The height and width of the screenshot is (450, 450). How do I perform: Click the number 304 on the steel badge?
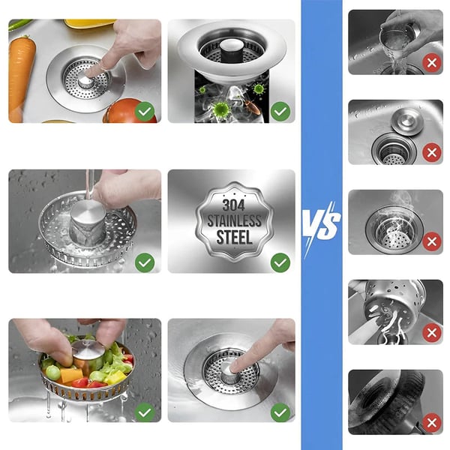coord(233,205)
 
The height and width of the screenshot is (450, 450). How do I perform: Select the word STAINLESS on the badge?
coord(234,221)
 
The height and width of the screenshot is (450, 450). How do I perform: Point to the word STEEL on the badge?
coord(234,237)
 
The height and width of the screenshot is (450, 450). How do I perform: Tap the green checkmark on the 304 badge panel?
coord(280,262)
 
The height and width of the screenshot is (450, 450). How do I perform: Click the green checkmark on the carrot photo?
coord(145,111)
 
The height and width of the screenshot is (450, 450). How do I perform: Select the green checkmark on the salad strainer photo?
coord(145,412)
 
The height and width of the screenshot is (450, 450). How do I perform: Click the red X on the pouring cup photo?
coord(432,63)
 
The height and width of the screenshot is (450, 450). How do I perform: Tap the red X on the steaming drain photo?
coord(432,242)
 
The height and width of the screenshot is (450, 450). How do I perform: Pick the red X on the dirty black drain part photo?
coord(432,423)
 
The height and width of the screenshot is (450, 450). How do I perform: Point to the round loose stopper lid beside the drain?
coord(407,122)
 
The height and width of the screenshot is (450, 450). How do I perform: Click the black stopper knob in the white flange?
coord(231,50)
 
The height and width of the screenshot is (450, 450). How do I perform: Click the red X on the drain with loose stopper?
coord(432,152)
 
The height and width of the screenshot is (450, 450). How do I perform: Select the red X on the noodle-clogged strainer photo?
coord(432,332)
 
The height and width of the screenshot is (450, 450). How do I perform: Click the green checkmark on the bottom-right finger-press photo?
coord(280,412)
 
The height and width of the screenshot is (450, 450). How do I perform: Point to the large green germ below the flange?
coord(220,109)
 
